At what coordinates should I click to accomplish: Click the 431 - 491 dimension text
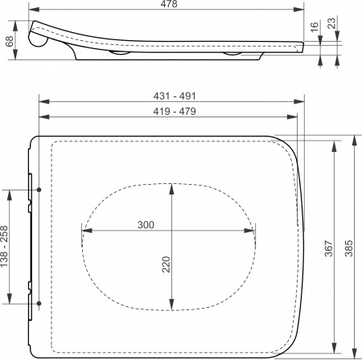tap(169, 96)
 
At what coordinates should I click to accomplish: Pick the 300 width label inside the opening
tap(146, 225)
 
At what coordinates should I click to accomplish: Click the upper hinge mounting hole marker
tap(38, 190)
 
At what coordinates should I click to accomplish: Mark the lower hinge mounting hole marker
tap(38, 304)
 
